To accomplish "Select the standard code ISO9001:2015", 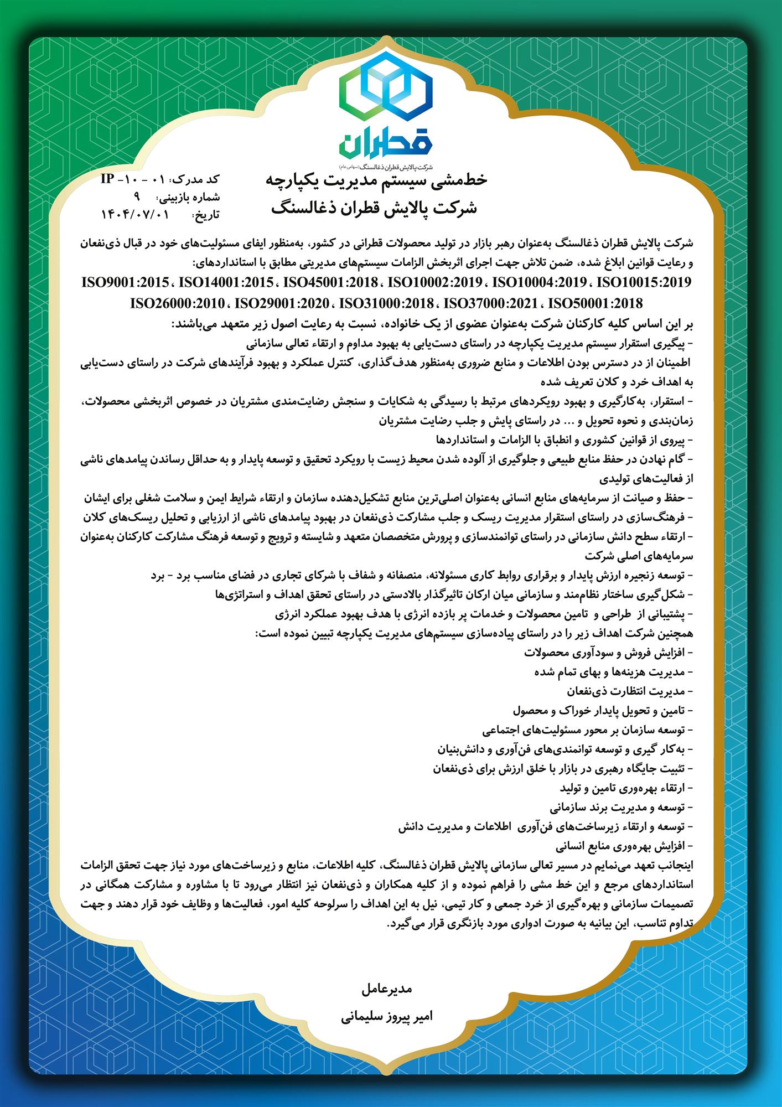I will [x=125, y=283].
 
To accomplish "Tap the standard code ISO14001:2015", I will [x=228, y=283].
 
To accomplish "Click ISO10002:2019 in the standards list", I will [x=435, y=283].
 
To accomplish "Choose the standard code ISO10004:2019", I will [x=539, y=283].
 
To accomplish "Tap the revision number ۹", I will [x=138, y=196].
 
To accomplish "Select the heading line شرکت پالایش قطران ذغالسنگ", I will [x=376, y=209].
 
